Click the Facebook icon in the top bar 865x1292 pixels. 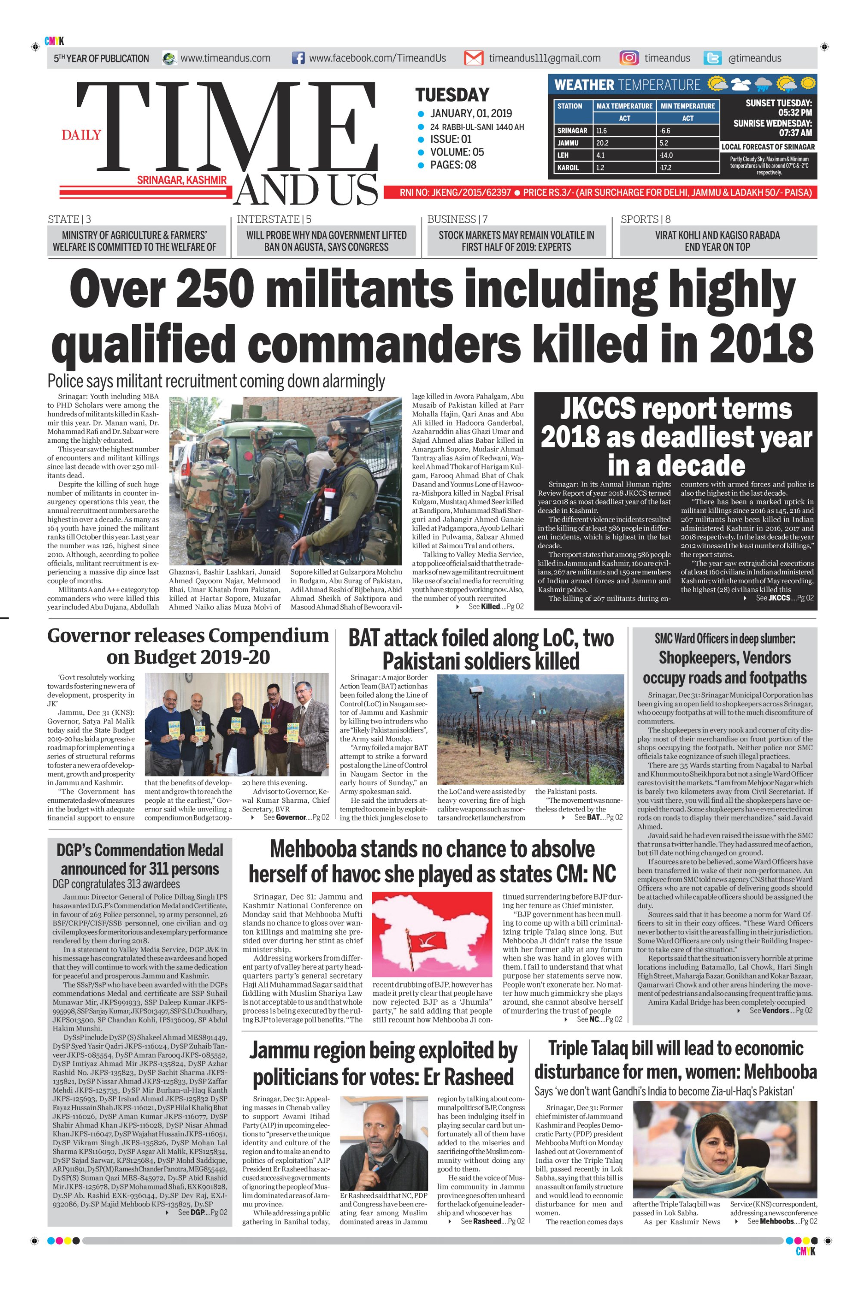(x=298, y=58)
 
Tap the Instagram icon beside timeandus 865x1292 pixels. (x=629, y=58)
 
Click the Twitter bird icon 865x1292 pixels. (x=713, y=58)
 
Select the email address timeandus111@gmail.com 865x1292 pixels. (x=545, y=58)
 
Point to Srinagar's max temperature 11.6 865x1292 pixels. (x=601, y=131)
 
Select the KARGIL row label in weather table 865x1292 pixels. (x=568, y=167)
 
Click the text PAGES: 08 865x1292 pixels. (x=453, y=165)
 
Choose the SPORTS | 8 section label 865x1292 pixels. (x=645, y=219)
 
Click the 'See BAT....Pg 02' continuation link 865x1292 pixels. (x=598, y=817)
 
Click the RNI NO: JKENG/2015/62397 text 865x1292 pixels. (x=455, y=193)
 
